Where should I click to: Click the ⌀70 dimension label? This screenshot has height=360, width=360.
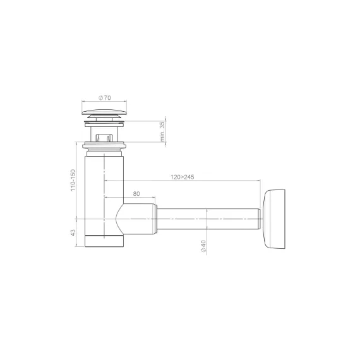coord(105,98)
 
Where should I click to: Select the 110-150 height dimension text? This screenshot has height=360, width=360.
coord(73,180)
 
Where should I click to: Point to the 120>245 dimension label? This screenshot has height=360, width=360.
coord(181,176)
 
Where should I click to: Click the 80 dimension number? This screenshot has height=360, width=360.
coord(136,195)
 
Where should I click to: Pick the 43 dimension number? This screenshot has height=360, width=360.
coord(73,232)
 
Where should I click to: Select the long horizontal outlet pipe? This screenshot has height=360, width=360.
coord(208,217)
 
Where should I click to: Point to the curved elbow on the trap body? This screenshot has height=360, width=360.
coord(120,218)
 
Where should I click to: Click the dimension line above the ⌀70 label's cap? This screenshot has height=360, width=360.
coord(105,103)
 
